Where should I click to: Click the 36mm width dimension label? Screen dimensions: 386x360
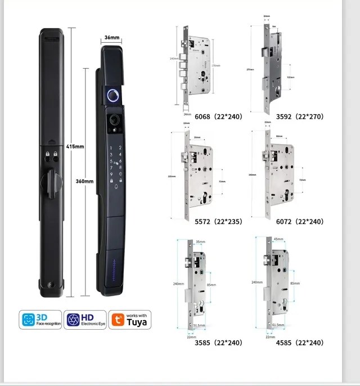click(112, 38)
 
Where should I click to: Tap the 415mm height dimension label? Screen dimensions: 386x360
click(74, 146)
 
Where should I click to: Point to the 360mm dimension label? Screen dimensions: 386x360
click(84, 181)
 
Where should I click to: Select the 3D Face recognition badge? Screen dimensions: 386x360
click(40, 320)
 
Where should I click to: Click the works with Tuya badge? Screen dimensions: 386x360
click(129, 320)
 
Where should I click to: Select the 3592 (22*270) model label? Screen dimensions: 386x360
click(300, 116)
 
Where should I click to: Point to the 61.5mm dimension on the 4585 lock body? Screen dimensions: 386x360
click(279, 326)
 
